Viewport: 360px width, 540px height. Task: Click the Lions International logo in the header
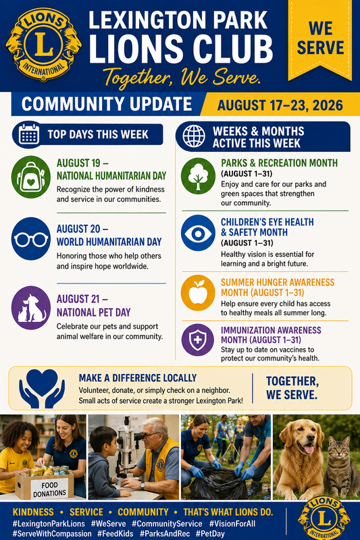pyautogui.click(x=43, y=45)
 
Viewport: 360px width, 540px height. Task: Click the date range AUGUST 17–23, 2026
pyautogui.click(x=280, y=105)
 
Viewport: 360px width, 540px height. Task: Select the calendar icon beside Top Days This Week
pyautogui.click(x=29, y=134)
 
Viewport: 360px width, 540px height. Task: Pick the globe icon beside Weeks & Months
pyautogui.click(x=194, y=136)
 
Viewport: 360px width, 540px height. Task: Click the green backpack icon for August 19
pyautogui.click(x=31, y=177)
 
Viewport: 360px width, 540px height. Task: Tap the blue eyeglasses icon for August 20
pyautogui.click(x=31, y=239)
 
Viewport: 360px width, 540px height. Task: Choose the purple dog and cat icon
pyautogui.click(x=31, y=308)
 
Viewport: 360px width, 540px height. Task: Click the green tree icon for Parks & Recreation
pyautogui.click(x=198, y=176)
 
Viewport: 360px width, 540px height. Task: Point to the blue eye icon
pyautogui.click(x=198, y=233)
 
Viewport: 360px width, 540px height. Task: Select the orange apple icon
pyautogui.click(x=198, y=293)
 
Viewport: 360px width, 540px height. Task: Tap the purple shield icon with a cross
pyautogui.click(x=198, y=340)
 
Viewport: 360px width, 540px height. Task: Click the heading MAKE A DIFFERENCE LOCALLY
pyautogui.click(x=138, y=378)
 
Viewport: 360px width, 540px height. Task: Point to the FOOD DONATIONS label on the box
pyautogui.click(x=49, y=489)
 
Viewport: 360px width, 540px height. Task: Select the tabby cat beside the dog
pyautogui.click(x=340, y=467)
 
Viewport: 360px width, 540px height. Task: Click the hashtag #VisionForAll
pyautogui.click(x=232, y=524)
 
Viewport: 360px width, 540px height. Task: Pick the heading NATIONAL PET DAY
pyautogui.click(x=94, y=313)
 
